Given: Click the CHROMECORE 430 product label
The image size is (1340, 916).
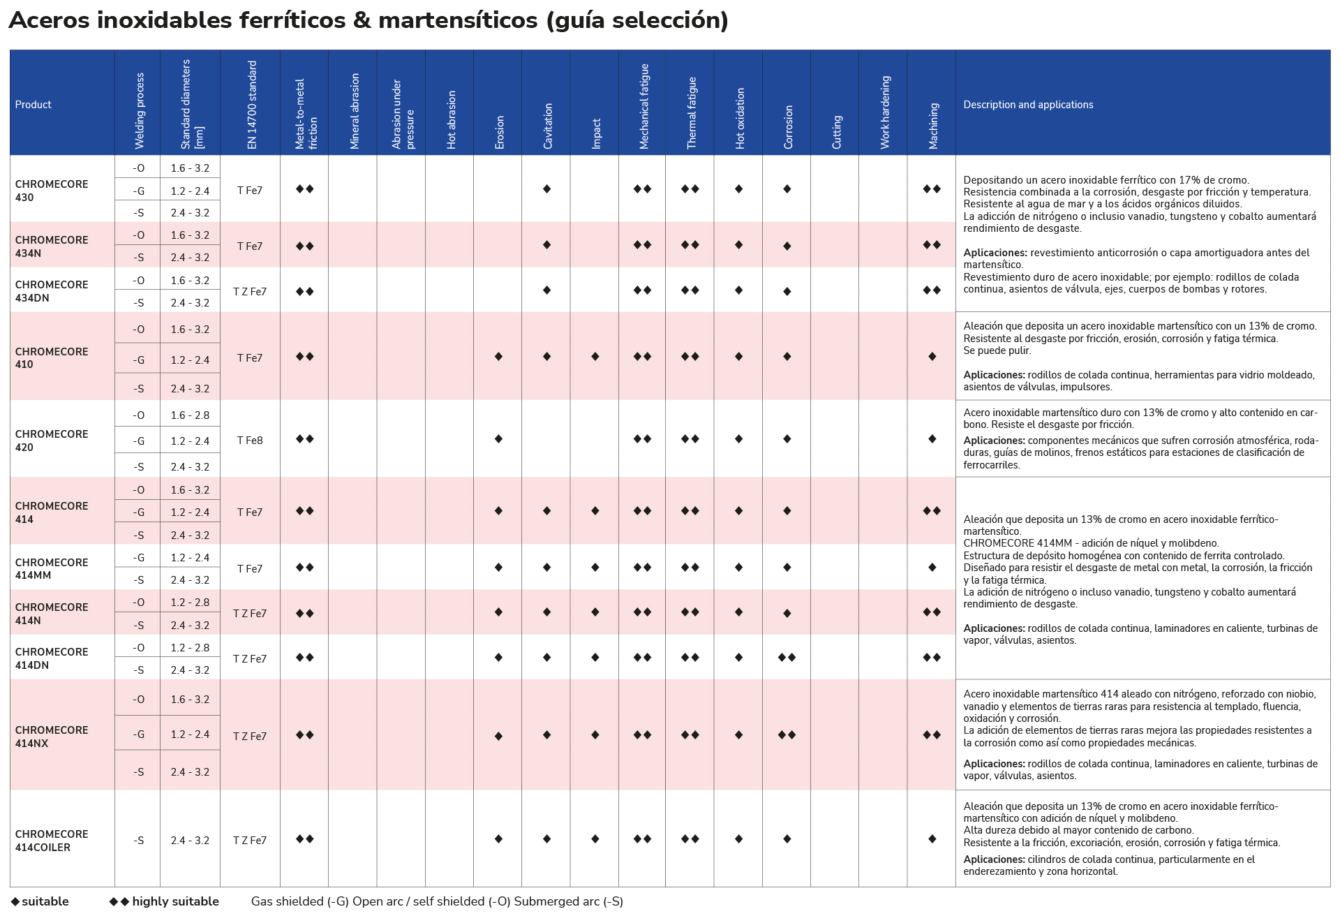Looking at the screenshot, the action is point(52,191).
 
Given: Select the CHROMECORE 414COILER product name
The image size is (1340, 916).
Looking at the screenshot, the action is point(52,841).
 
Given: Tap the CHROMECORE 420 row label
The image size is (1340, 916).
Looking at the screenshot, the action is point(52,441).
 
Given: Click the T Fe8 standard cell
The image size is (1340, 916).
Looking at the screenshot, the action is point(250,441).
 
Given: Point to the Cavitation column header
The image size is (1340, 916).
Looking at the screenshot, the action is point(548,126).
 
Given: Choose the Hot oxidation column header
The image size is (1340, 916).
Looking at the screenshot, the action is point(740,119).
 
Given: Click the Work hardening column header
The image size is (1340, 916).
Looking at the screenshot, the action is point(885,112).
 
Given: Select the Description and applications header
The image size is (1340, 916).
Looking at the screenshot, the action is point(1028,105).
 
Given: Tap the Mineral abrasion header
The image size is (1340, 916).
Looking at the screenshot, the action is point(355,111).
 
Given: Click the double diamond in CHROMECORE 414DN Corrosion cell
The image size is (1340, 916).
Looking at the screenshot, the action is point(787,658).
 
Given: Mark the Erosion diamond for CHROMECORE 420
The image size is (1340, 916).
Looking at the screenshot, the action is point(498,439).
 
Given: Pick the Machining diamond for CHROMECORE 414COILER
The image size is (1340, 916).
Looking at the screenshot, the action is point(932,839).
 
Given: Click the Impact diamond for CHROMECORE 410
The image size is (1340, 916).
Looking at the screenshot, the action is point(595,357).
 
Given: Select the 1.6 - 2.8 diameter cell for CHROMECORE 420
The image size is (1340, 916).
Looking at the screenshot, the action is point(190,415).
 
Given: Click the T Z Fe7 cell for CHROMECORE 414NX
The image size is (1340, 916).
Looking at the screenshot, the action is point(250,737).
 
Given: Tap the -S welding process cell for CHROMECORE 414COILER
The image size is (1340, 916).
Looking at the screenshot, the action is point(138,841).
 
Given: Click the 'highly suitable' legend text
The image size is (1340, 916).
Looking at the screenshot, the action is point(175,901).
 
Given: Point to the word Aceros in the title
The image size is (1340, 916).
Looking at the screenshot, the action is point(50,20).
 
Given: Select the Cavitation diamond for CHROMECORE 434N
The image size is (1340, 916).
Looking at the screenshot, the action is point(546,245).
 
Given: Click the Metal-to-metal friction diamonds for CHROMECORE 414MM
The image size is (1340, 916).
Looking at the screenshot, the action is point(304,568).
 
